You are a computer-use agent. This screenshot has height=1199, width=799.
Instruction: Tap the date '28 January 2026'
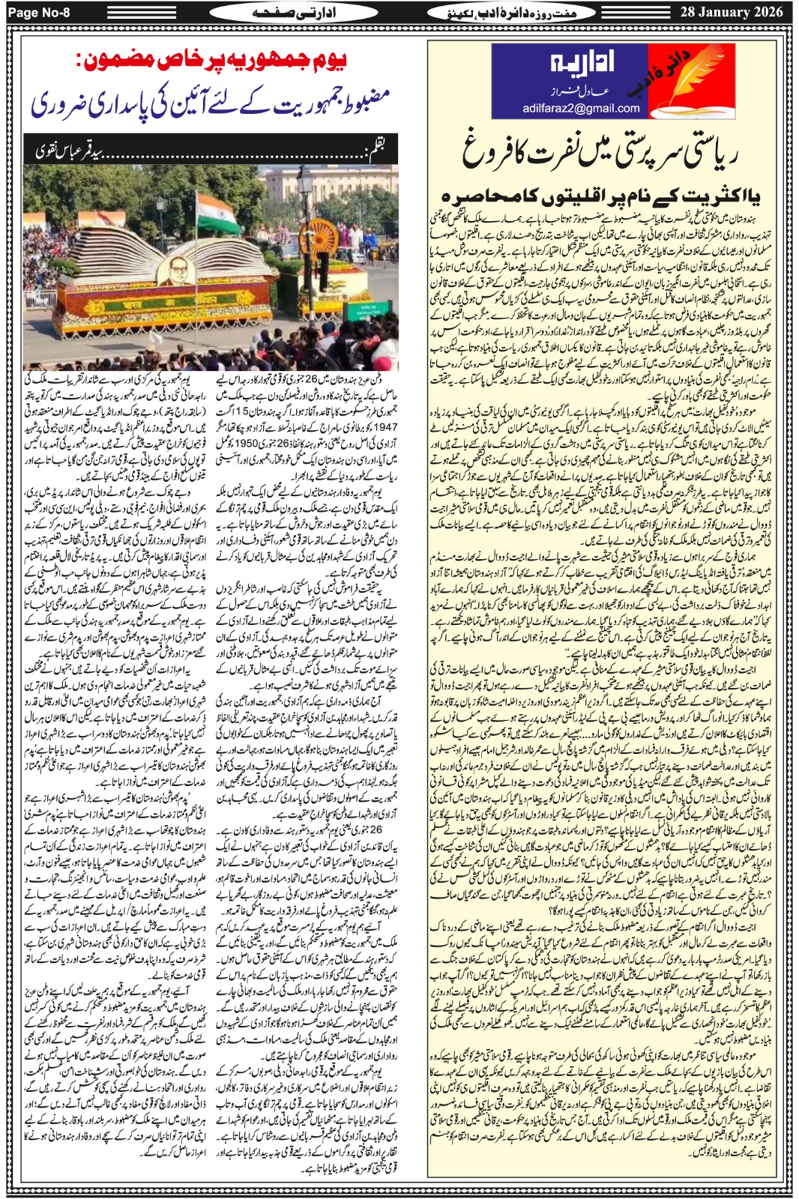[x=731, y=11]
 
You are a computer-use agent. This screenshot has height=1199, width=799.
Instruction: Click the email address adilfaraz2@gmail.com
[x=581, y=108]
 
